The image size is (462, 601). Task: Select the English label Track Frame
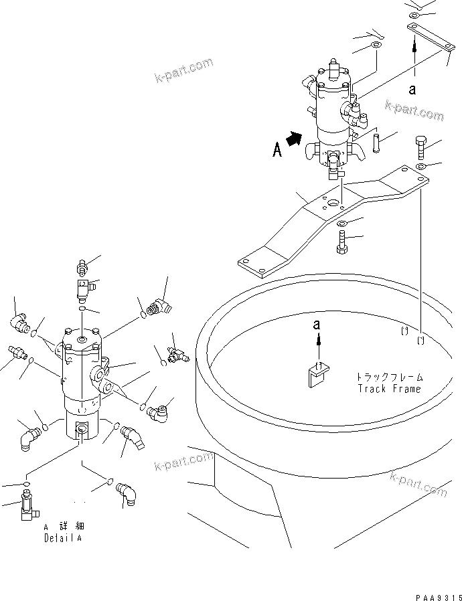[x=389, y=389]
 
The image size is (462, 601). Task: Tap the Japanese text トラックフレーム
[x=389, y=377]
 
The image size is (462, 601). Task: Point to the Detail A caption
[x=64, y=537]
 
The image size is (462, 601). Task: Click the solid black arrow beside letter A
[x=293, y=139]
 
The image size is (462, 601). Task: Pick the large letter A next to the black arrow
[x=277, y=151]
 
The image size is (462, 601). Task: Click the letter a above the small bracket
[x=319, y=326]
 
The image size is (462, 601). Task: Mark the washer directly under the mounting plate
[x=341, y=223]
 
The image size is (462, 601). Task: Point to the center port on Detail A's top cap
[x=81, y=341]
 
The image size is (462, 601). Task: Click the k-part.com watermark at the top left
[x=181, y=70]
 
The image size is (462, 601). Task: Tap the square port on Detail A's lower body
[x=82, y=430]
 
